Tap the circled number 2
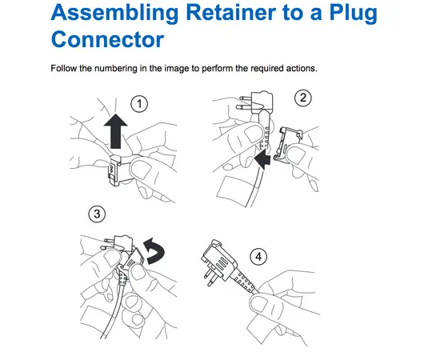click(x=302, y=98)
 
